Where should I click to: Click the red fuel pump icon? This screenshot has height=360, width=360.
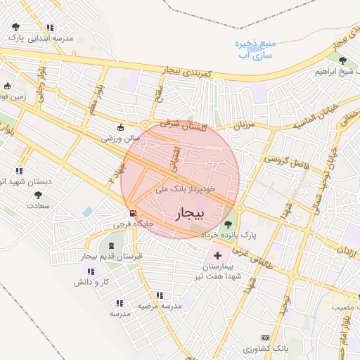pyautogui.click(x=131, y=214)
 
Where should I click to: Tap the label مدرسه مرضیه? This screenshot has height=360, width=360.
pyautogui.click(x=160, y=305)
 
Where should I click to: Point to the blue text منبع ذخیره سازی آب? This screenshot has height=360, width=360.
pyautogui.click(x=255, y=49)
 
